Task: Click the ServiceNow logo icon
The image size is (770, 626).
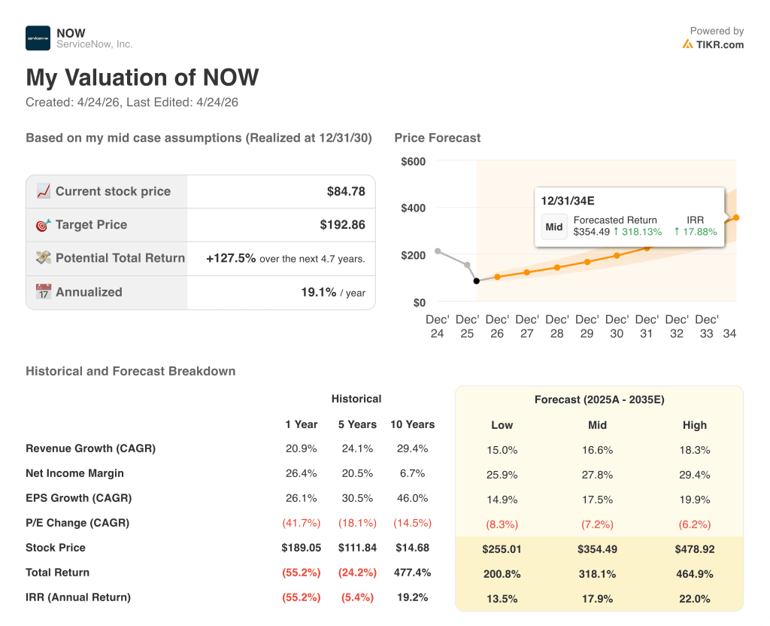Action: coord(38,38)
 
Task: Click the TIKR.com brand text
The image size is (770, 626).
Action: coord(719,44)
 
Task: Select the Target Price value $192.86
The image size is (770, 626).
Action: coord(342,225)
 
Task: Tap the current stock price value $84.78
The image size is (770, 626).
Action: coord(346,192)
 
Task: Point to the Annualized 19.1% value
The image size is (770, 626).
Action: coord(318,292)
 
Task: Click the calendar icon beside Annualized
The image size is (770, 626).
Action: coord(44,292)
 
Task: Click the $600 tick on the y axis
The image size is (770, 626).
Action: coord(413,161)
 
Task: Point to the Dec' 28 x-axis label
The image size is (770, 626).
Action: coord(556,327)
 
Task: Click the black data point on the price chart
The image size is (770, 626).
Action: coord(476,281)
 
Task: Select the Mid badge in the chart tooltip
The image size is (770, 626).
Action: coord(554,226)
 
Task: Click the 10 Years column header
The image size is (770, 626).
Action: coord(412,424)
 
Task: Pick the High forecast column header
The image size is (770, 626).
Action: coord(694,425)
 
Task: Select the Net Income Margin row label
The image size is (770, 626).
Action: coord(74,473)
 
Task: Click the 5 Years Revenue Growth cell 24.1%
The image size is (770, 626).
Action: coord(356,448)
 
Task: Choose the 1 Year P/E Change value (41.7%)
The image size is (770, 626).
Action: coord(301,523)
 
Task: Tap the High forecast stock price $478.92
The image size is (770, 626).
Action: coord(694,549)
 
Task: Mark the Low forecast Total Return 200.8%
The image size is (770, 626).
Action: coord(502,574)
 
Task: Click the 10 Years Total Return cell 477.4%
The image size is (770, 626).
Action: coord(412,573)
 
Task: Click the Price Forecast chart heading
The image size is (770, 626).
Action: coord(437,138)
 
